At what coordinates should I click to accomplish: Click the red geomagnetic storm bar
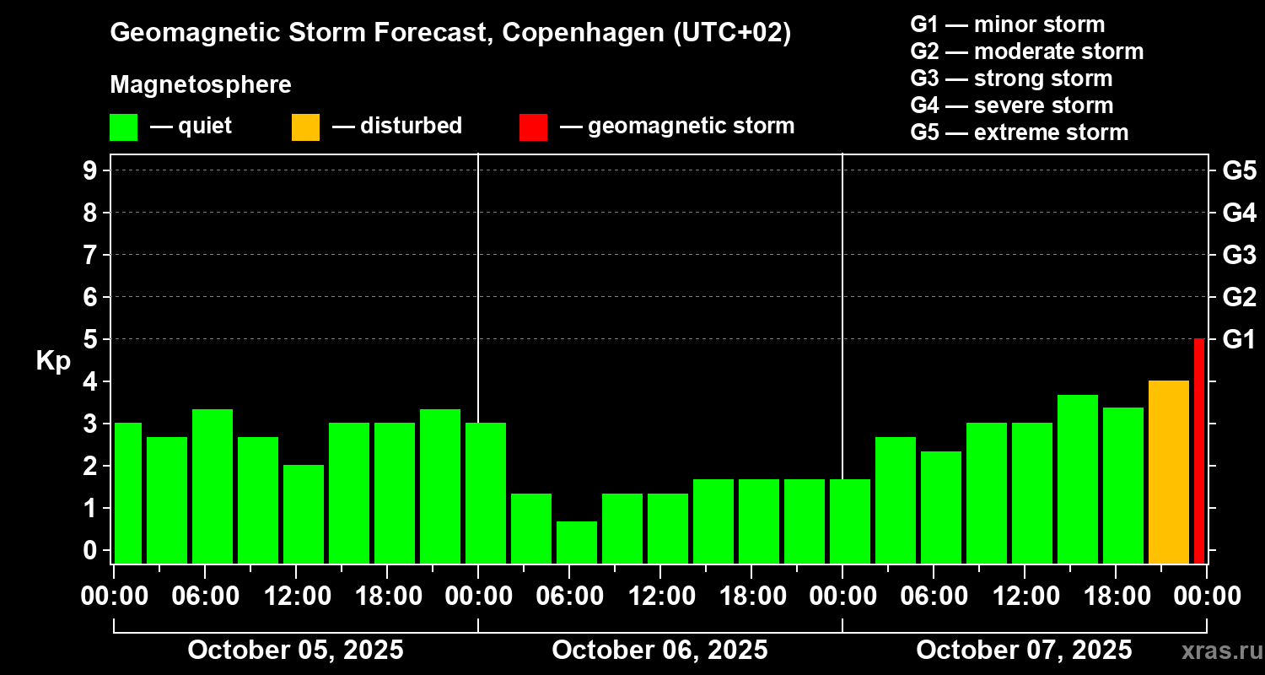coord(1199,451)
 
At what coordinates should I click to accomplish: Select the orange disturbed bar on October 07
coord(1168,472)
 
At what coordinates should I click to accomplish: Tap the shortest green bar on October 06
coord(577,542)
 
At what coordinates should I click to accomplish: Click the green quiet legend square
coord(123,127)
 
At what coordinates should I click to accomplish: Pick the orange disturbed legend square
coord(305,127)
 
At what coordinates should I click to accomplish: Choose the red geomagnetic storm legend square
coord(533,127)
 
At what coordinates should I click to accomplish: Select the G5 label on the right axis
coord(1239,170)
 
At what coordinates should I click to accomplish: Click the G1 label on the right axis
coord(1239,339)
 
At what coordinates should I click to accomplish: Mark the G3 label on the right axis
coord(1239,255)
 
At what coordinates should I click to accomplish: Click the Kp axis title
coord(53,360)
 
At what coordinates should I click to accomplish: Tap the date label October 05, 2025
coord(295,650)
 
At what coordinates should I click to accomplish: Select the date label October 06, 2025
coord(659,650)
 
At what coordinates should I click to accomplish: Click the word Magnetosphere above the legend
coord(201,85)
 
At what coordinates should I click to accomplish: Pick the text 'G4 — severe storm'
coord(1012,105)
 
